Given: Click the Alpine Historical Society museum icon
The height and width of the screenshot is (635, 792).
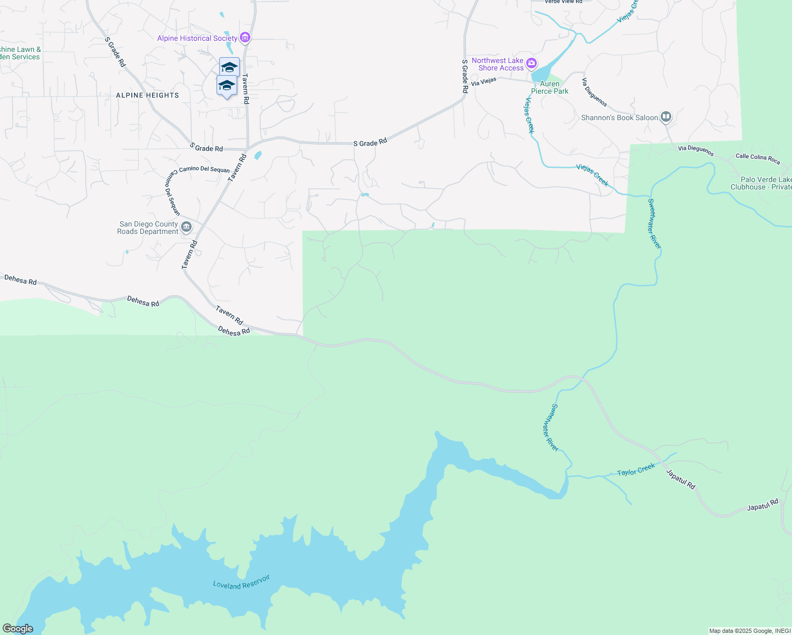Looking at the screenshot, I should [245, 38].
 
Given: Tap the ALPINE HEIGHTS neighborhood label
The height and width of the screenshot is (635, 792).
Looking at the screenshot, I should [147, 95].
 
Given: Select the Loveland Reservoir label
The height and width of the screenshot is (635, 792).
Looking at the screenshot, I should [241, 582].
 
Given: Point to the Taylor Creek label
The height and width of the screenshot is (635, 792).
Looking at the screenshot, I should [636, 469].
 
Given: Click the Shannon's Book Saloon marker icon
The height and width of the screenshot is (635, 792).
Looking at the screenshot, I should [666, 117].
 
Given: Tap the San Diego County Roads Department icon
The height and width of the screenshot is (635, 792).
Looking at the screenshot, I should [186, 228].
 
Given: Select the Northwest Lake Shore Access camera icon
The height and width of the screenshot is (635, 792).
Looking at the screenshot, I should [532, 63].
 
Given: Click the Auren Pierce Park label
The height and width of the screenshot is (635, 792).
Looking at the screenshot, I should [550, 87].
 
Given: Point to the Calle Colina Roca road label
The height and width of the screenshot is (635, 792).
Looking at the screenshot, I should [758, 158].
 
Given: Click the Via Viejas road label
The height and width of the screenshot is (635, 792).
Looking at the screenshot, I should [483, 81].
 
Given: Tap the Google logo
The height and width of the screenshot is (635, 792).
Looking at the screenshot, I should [17, 629].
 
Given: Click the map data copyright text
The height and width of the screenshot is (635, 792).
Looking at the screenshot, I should [750, 631].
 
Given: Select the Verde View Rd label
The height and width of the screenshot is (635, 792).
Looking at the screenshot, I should [563, 2].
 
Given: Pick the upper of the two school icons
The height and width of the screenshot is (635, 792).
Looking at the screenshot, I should [229, 67].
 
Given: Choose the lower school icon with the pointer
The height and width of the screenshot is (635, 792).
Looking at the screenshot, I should [227, 85].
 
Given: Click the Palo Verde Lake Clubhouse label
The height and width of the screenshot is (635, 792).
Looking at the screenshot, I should [761, 183].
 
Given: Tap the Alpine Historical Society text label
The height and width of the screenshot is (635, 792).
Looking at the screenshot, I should [197, 38].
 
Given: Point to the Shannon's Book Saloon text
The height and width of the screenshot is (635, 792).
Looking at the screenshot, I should [619, 117].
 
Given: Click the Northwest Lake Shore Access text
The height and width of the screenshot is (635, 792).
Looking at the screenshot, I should [498, 64].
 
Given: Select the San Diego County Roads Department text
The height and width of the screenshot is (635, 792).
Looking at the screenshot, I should [148, 228].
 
